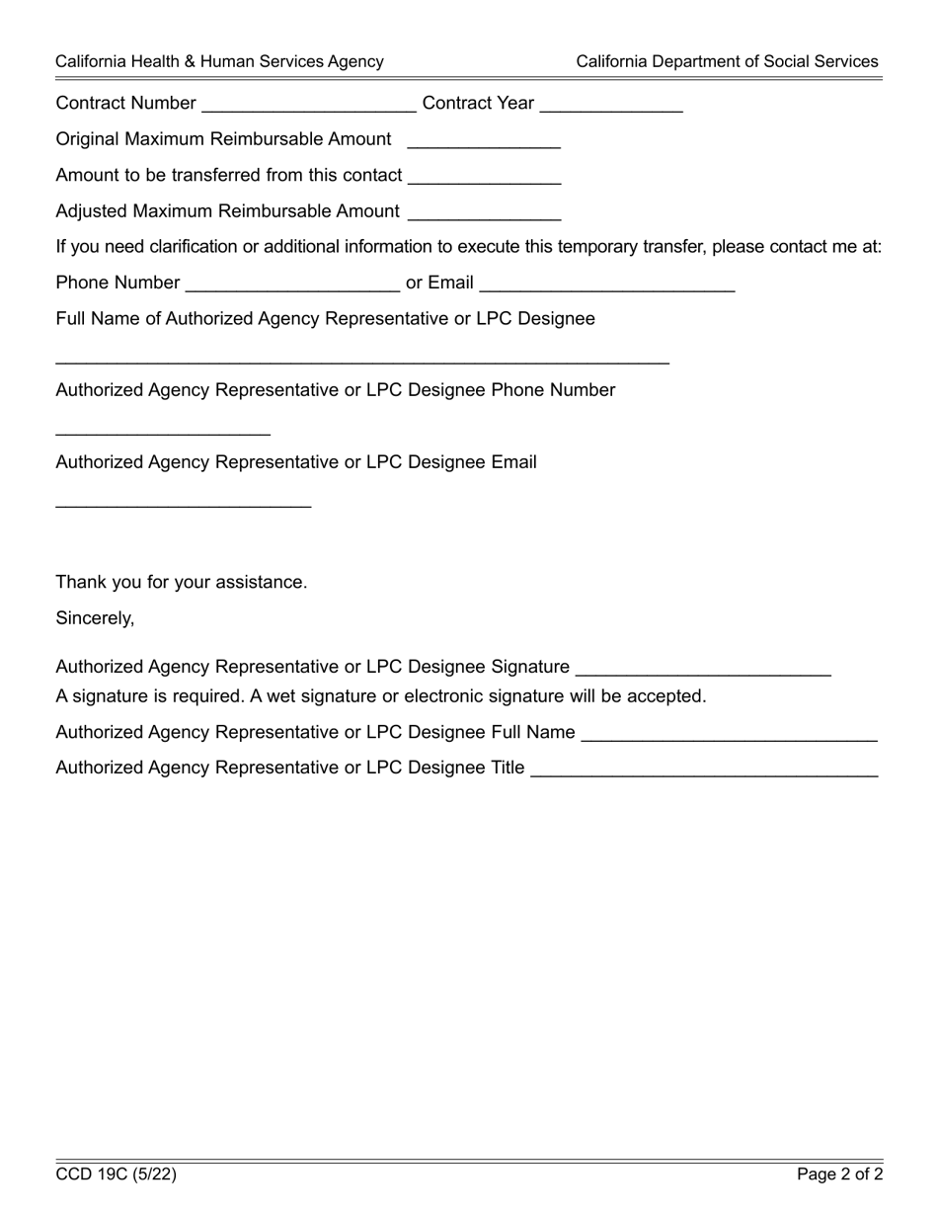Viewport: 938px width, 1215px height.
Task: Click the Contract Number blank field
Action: click(x=307, y=105)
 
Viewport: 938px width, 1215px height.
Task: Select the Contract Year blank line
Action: click(x=611, y=105)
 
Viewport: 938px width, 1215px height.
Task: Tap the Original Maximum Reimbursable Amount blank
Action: click(x=484, y=140)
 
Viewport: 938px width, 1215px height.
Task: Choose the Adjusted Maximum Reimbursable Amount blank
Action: click(x=484, y=212)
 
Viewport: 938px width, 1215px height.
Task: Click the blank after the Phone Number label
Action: click(x=292, y=283)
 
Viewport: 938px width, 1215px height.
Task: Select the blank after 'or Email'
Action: click(x=606, y=283)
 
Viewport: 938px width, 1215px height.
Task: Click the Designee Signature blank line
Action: click(x=703, y=668)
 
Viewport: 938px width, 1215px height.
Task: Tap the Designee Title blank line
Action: click(x=704, y=769)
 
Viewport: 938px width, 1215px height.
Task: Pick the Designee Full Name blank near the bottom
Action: click(x=730, y=733)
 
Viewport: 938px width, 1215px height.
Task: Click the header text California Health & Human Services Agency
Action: click(x=219, y=61)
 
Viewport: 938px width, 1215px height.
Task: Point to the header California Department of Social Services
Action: click(x=727, y=61)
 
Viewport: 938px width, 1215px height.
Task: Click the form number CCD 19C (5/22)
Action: click(x=117, y=1174)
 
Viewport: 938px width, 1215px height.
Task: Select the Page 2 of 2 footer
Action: click(x=839, y=1174)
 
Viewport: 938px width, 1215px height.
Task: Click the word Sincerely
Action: click(x=95, y=618)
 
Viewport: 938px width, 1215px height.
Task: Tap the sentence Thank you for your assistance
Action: click(x=182, y=583)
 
